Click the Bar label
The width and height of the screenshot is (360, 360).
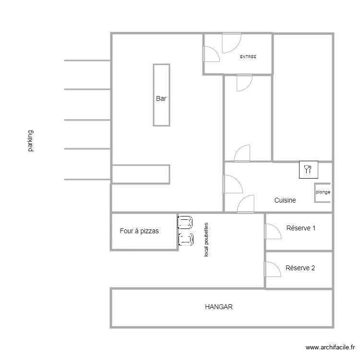(x=161, y=98)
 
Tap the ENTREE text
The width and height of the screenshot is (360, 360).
(x=248, y=57)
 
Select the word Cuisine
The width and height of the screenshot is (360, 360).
(x=285, y=200)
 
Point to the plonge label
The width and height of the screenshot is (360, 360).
(x=323, y=192)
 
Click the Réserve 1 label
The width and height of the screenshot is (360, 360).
(x=301, y=228)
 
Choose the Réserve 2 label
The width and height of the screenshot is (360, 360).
(x=300, y=268)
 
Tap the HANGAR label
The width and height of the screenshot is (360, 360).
(x=218, y=307)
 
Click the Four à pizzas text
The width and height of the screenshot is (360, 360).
(x=139, y=231)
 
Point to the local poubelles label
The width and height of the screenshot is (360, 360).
(x=206, y=240)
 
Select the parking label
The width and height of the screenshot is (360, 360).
(x=30, y=141)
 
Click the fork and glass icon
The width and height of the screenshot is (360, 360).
(x=309, y=169)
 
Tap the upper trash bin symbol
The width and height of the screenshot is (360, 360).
(x=185, y=222)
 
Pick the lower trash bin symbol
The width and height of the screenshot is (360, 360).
(x=186, y=240)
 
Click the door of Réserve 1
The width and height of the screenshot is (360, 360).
(x=273, y=231)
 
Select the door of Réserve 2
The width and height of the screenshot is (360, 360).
(x=273, y=269)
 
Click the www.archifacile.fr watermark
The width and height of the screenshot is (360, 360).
(x=330, y=348)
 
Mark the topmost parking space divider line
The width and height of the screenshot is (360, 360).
(x=87, y=60)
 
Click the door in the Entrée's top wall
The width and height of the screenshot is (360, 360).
(x=232, y=43)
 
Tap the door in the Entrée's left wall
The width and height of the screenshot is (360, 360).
(x=211, y=54)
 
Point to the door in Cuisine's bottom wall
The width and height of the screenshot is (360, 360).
(x=246, y=204)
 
